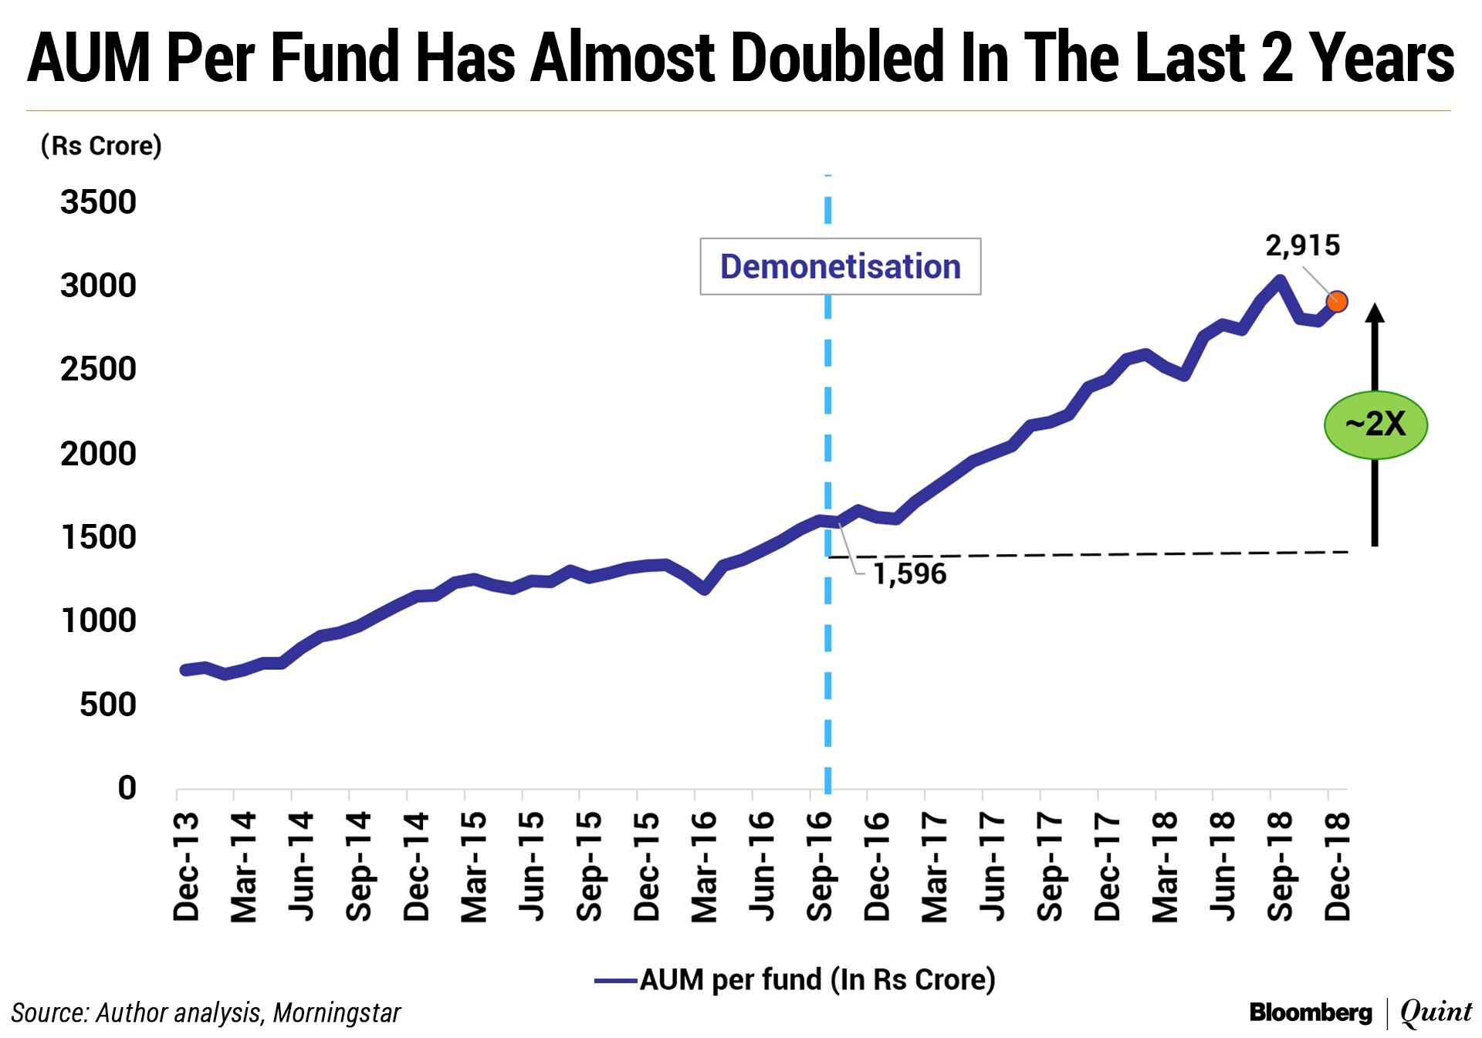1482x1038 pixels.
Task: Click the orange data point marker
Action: (x=1337, y=302)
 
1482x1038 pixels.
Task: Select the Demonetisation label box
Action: (x=840, y=267)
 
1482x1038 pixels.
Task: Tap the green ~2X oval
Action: (x=1375, y=424)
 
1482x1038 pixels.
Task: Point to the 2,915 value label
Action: (x=1302, y=245)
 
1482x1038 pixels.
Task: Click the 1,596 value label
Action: (x=909, y=574)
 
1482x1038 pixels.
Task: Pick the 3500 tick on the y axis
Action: (x=98, y=202)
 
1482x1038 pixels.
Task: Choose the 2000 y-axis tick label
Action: (x=98, y=454)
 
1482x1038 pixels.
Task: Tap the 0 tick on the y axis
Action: (x=127, y=788)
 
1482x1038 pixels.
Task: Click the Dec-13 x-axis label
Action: (x=187, y=866)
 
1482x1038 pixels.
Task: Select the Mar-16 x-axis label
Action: (x=705, y=866)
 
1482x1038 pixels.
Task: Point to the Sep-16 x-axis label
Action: (x=820, y=866)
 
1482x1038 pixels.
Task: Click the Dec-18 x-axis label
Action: (x=1338, y=866)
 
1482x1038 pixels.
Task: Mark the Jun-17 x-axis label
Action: (x=993, y=866)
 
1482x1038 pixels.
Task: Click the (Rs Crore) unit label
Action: (x=101, y=146)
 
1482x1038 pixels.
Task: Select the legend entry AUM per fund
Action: (x=795, y=980)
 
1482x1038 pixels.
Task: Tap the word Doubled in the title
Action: (x=837, y=58)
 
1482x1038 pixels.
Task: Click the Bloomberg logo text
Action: (x=1310, y=1013)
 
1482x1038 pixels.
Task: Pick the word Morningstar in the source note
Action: (x=337, y=1013)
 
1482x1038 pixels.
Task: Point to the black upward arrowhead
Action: (x=1375, y=312)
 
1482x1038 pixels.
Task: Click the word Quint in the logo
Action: (x=1436, y=1013)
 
